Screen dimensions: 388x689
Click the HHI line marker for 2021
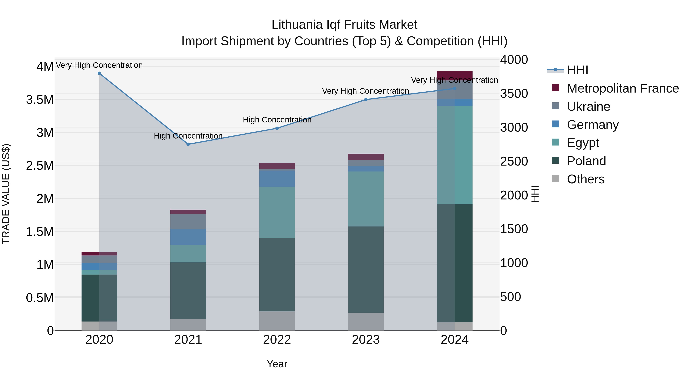pyautogui.click(x=188, y=144)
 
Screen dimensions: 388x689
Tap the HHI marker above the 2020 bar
pyautogui.click(x=99, y=73)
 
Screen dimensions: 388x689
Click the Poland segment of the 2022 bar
pyautogui.click(x=277, y=274)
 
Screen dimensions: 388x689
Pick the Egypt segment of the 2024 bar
pyautogui.click(x=455, y=155)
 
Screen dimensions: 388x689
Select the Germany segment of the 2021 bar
pyautogui.click(x=188, y=237)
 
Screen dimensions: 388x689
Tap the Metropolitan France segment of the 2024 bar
pyautogui.click(x=455, y=75)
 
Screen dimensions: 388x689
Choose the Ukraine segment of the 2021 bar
pyautogui.click(x=188, y=221)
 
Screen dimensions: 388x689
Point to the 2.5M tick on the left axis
pyautogui.click(x=40, y=166)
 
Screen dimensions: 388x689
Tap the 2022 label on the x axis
pyautogui.click(x=277, y=340)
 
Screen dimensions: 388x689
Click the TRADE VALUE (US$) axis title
pyautogui.click(x=6, y=194)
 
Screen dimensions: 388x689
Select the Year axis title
pyautogui.click(x=277, y=364)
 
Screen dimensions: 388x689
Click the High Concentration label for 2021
pyautogui.click(x=188, y=136)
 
